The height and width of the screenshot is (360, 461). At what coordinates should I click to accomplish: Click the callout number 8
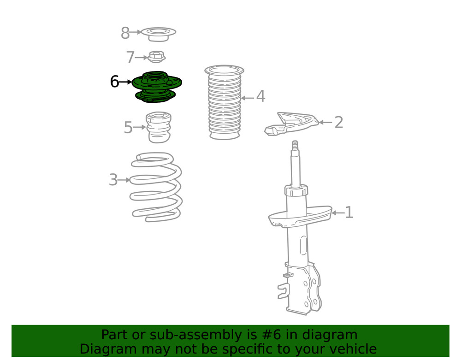[x=125, y=33]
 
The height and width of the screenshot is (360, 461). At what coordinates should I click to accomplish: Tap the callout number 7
[x=130, y=57]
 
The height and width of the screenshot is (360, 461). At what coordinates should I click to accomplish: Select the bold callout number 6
[x=114, y=82]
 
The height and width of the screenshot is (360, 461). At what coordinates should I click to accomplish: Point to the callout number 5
[x=128, y=127]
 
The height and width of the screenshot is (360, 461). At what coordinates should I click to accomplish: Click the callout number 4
[x=261, y=96]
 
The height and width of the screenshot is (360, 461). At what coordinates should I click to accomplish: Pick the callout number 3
[x=113, y=180]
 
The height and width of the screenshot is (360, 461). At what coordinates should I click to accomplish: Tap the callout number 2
[x=339, y=122]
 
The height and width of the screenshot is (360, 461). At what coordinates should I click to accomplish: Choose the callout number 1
[x=349, y=212]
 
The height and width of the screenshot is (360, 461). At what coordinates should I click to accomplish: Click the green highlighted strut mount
[x=157, y=87]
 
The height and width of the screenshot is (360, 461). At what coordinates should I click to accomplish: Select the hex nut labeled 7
[x=156, y=57]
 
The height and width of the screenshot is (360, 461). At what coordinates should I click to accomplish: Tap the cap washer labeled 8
[x=159, y=35]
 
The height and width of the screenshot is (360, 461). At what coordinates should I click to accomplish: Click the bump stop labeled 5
[x=159, y=127]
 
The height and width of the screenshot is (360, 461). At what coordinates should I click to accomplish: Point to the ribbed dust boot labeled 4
[x=225, y=102]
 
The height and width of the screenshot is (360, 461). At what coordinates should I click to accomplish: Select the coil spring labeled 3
[x=156, y=187]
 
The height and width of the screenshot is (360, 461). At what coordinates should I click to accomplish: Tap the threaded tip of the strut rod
[x=295, y=146]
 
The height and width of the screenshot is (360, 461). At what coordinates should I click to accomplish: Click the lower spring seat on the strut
[x=300, y=217]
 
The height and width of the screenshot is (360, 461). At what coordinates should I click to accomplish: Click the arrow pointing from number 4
[x=248, y=98]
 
